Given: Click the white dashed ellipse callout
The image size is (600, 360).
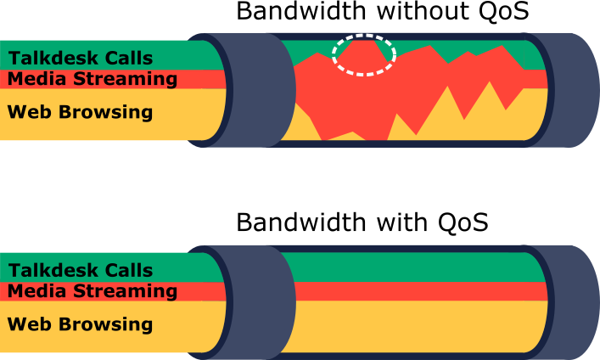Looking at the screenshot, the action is coord(332,55).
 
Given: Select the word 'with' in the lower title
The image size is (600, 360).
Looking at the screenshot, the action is coord(401,222).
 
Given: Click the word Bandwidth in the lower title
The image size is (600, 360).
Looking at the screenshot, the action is coord(301,222).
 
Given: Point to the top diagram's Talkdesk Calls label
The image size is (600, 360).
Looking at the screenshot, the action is coord(81,59).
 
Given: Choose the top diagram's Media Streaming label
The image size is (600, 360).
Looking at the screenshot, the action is coord(93,79).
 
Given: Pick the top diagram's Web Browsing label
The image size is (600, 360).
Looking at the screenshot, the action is coord(80,112).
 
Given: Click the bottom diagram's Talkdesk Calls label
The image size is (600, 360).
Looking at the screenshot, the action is coord(81,270).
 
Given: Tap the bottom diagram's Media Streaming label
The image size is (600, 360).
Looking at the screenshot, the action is coord(93,291).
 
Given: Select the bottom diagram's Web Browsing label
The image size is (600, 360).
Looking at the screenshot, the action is coord(80,324).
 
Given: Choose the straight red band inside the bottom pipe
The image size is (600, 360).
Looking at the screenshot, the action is coord(421,291).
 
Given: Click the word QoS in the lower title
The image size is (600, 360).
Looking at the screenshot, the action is coord(463,222).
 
